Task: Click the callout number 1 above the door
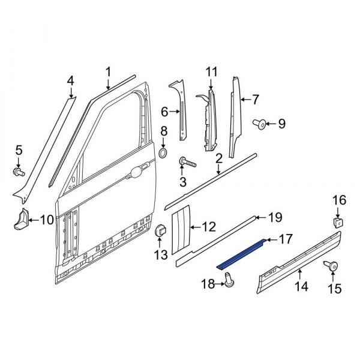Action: (109, 72)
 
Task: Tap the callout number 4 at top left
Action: (70, 80)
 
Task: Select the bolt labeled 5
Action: (19, 172)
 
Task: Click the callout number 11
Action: (210, 73)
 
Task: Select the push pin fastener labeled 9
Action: (261, 125)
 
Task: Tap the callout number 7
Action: (255, 99)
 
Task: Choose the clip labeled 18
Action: (229, 278)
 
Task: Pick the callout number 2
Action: (219, 159)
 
